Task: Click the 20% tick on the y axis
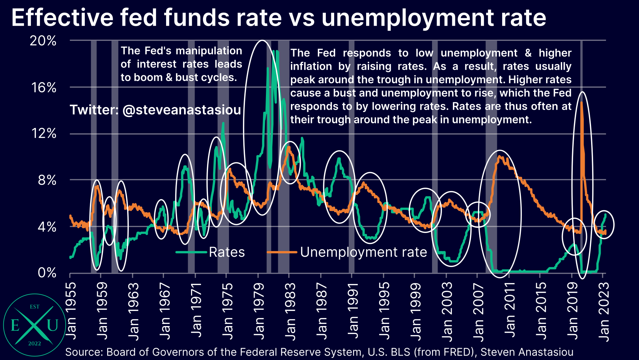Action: (43, 41)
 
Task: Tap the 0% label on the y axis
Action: (47, 273)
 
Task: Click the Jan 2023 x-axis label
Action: (603, 311)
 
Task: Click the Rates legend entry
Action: (227, 252)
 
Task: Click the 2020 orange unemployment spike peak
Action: (581, 102)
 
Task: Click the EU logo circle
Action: (35, 325)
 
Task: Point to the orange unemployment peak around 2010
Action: (499, 157)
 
